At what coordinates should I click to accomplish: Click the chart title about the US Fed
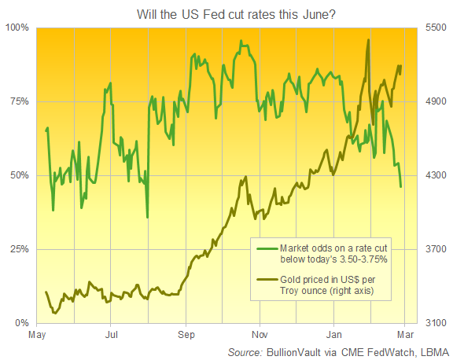coord(226,12)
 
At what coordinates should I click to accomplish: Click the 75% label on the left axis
coord(19,101)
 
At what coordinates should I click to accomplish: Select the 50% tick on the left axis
coord(19,175)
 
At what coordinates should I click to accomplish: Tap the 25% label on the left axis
coord(19,249)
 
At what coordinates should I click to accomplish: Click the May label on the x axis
coord(36,336)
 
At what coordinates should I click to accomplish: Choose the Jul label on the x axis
coord(111,336)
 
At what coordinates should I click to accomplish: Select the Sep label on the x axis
coord(186,336)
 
